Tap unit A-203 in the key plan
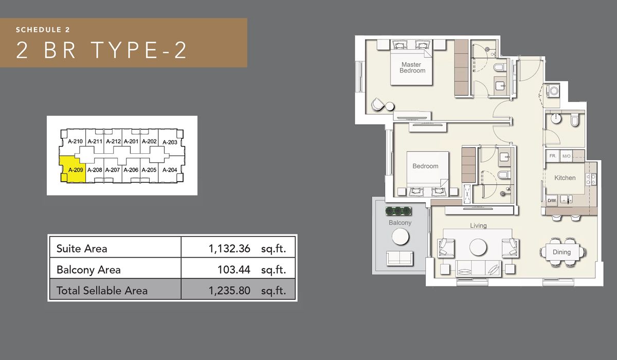(x=169, y=142)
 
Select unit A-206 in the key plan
(x=131, y=170)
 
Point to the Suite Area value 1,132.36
(x=229, y=249)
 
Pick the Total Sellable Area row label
(x=102, y=291)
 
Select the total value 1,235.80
(x=229, y=291)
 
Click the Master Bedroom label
(x=411, y=67)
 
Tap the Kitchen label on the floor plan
(x=565, y=178)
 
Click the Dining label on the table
(x=562, y=252)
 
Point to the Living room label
(x=478, y=225)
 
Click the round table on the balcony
(x=400, y=237)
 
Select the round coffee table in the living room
(x=478, y=247)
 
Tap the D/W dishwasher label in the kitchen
(x=552, y=200)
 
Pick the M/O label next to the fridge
(x=567, y=156)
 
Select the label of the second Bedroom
(x=425, y=166)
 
